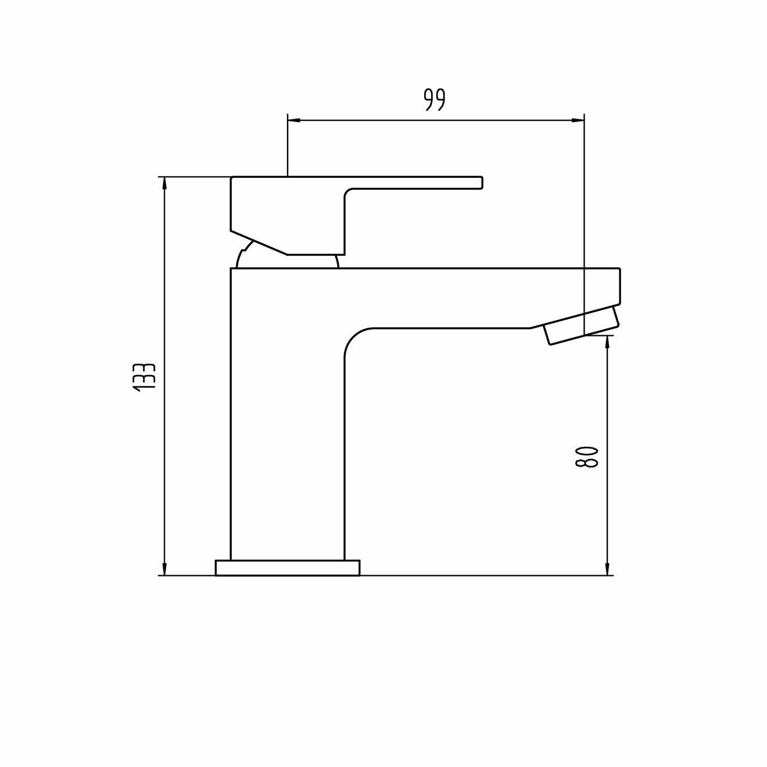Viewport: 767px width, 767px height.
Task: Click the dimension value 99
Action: click(x=434, y=100)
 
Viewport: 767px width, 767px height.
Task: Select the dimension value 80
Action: click(x=586, y=457)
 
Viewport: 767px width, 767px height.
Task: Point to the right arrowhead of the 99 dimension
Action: click(x=578, y=120)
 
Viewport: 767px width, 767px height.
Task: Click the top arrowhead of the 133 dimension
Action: click(x=165, y=182)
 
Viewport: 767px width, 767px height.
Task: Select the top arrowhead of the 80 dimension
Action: click(x=607, y=341)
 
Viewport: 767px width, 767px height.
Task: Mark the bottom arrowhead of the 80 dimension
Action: click(x=607, y=569)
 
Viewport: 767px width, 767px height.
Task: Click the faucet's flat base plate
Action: click(x=288, y=568)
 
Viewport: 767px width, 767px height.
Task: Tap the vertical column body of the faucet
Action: click(x=288, y=436)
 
